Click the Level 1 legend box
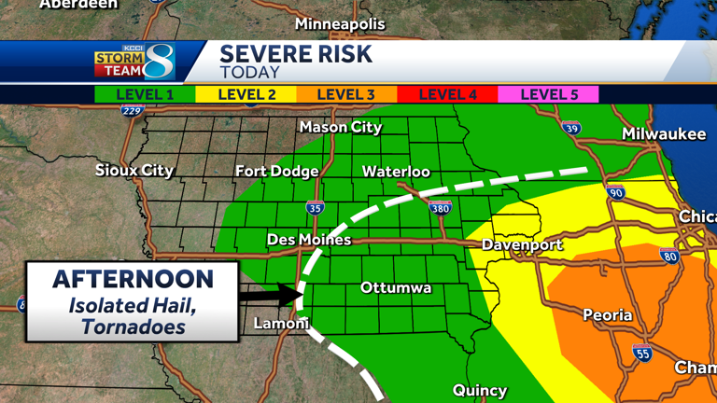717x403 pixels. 145,94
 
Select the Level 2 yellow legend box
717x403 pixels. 246,94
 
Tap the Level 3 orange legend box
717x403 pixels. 346,94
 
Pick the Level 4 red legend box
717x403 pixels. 447,94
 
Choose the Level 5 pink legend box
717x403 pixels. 549,94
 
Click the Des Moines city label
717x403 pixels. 309,240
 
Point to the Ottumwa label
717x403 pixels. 396,288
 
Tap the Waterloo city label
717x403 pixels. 396,172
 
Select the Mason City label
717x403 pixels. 341,127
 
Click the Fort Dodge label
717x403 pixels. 276,172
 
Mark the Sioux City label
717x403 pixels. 134,171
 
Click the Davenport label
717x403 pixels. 522,245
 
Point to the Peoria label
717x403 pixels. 608,315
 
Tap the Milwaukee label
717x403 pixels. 664,134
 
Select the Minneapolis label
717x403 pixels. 340,24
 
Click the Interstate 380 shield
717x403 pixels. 440,208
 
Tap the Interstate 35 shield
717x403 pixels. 315,208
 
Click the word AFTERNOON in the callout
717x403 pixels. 133,279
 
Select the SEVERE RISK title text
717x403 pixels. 296,54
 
